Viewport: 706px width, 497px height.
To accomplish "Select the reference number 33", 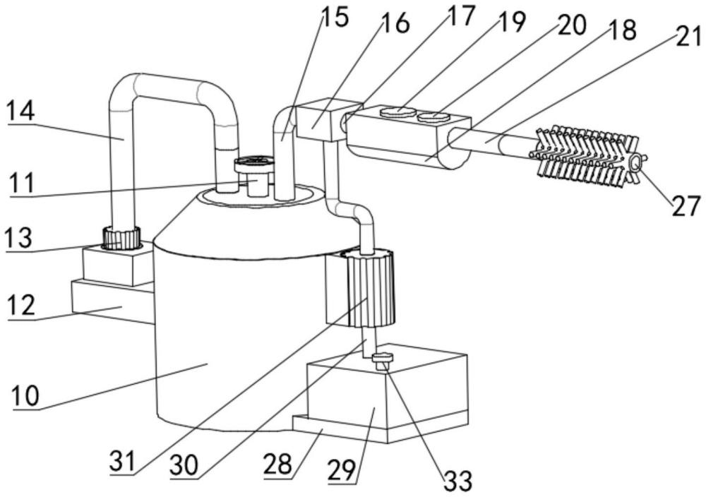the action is click(458, 480).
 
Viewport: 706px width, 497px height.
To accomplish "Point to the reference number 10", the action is click(25, 396).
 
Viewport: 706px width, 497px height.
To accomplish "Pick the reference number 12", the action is click(20, 306).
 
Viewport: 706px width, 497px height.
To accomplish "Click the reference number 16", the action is click(395, 23).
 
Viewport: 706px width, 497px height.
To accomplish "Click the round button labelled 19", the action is click(398, 112).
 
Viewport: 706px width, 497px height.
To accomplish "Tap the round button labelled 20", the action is click(433, 117).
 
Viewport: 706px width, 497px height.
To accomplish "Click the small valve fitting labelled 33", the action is click(382, 360).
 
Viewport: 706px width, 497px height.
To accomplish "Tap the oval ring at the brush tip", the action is click(635, 162).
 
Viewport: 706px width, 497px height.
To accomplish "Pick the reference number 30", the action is click(184, 465).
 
